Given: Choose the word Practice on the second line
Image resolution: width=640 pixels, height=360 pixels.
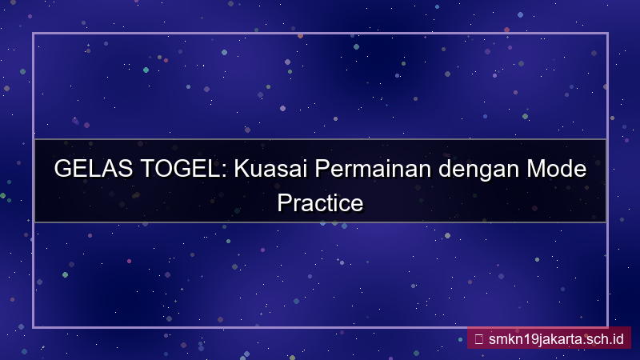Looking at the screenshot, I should [320, 202].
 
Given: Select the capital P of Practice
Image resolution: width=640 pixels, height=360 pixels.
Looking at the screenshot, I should [283, 202].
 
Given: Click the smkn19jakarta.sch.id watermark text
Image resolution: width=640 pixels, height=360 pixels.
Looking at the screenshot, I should [555, 338].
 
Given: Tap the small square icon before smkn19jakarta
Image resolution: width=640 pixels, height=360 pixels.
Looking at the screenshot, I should [478, 338].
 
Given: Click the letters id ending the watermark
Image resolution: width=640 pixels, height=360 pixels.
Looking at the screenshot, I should [618, 338].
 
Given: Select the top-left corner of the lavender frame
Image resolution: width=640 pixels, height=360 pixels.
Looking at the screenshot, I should [34, 34].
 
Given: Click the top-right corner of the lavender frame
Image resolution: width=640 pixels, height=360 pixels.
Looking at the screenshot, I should [607, 34].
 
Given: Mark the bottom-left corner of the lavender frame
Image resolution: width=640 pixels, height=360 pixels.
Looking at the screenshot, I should [34, 326].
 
